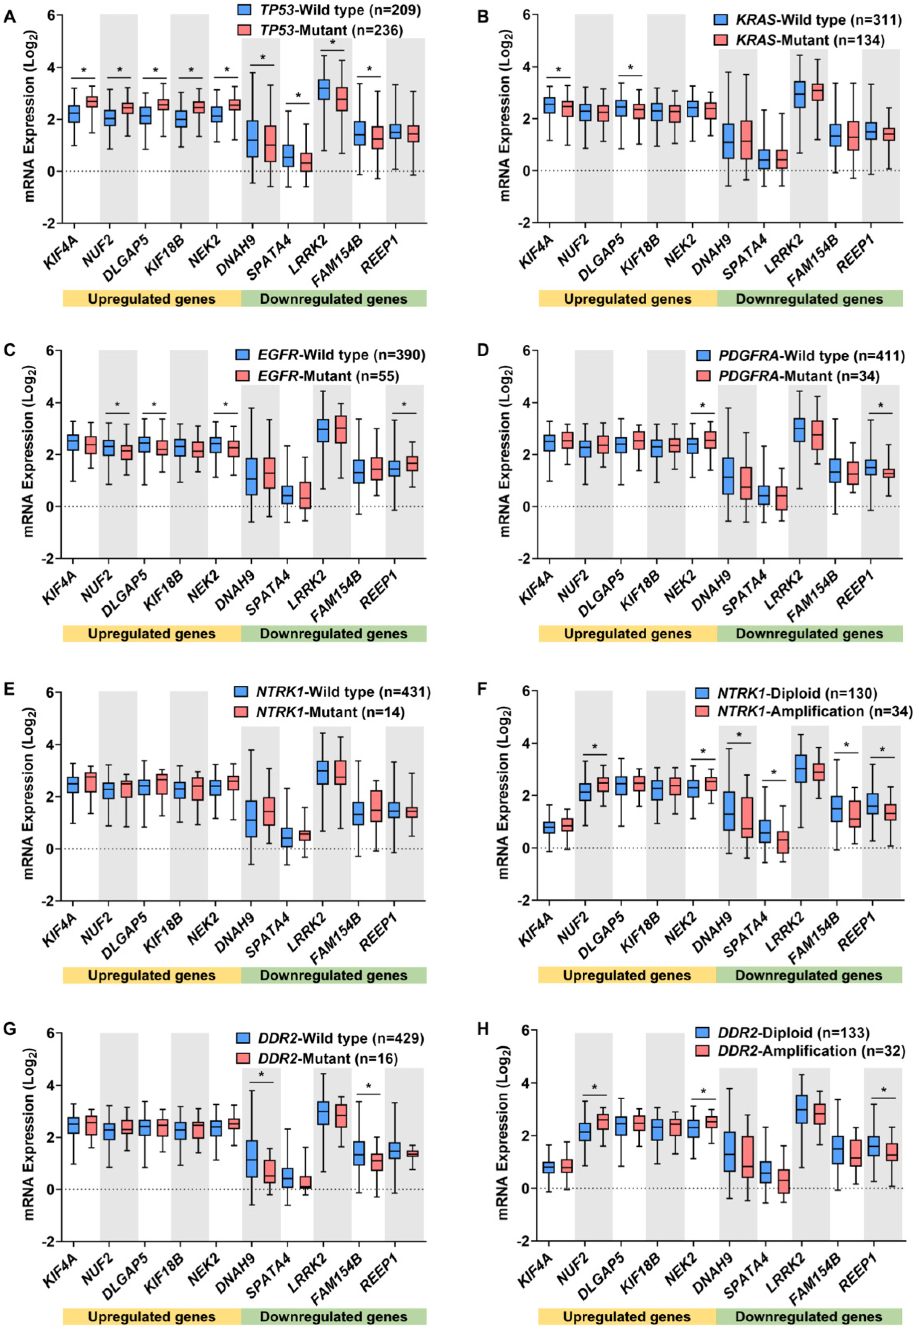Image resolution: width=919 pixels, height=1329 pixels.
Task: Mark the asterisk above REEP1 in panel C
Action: coord(404,405)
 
